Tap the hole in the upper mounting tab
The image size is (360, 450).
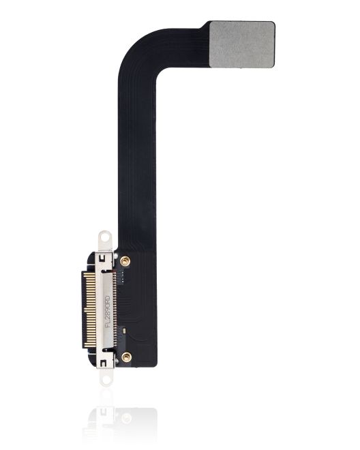[x=104, y=237]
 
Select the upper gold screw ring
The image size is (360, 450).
[x=125, y=260]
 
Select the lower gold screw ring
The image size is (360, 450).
[x=126, y=357]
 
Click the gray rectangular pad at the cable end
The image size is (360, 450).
[x=242, y=44]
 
